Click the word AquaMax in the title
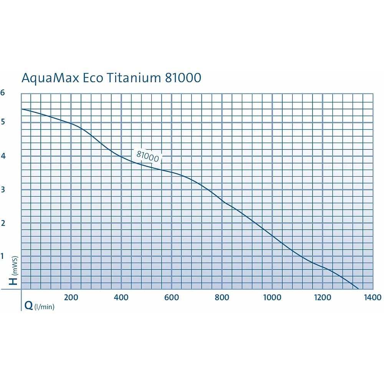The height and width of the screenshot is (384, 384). point(50,78)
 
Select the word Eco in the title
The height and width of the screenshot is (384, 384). point(93,78)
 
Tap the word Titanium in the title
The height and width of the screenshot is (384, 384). point(134,78)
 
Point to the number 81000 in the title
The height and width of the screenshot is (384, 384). point(183,78)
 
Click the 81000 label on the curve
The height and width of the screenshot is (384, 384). point(148,156)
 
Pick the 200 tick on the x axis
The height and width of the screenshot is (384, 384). point(71,297)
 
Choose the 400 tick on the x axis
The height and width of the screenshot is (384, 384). point(121,297)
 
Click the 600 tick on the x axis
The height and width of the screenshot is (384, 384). point(172,297)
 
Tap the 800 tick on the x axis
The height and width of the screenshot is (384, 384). point(222,297)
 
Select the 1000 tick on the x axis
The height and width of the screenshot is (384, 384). point(272,297)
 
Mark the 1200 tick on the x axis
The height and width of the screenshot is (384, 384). point(323,297)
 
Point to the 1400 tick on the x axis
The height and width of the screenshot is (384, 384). point(373,297)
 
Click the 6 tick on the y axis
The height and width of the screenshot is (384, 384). point(3,93)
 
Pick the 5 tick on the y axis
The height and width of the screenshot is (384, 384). point(3,122)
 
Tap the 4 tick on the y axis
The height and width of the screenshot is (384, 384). point(3,156)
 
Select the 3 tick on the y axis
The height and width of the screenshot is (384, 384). point(3,190)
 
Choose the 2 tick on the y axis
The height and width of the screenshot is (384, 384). point(3,223)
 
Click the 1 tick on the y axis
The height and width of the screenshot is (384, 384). point(2,256)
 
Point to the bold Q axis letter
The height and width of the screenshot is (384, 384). point(29,306)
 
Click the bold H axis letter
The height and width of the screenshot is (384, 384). point(13,281)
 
